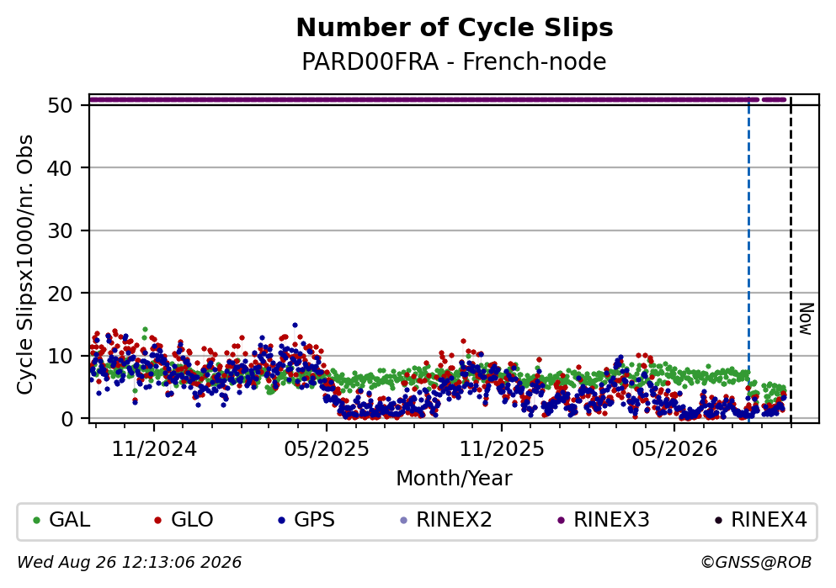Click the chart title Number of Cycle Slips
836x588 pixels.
455,28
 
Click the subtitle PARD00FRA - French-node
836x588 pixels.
455,61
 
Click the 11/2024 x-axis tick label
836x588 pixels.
154,449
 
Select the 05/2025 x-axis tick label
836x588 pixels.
327,449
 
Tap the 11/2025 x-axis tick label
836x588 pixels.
502,449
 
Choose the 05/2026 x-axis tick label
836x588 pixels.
674,449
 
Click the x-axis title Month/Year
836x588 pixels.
455,479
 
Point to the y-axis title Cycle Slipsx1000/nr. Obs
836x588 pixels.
24,265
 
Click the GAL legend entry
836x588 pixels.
61,520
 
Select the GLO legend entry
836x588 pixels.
184,520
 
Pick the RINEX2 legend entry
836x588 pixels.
445,520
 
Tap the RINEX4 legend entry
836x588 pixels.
761,520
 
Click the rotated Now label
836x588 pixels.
807,319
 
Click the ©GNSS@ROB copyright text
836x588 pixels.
756,563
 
